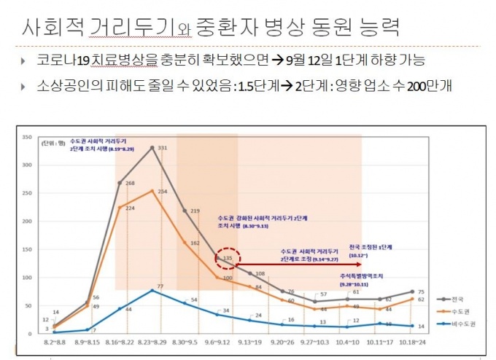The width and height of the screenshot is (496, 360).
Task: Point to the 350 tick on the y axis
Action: (x=26, y=137)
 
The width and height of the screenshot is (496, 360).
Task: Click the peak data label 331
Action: (x=163, y=149)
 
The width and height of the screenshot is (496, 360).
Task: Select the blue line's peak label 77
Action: (x=160, y=286)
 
